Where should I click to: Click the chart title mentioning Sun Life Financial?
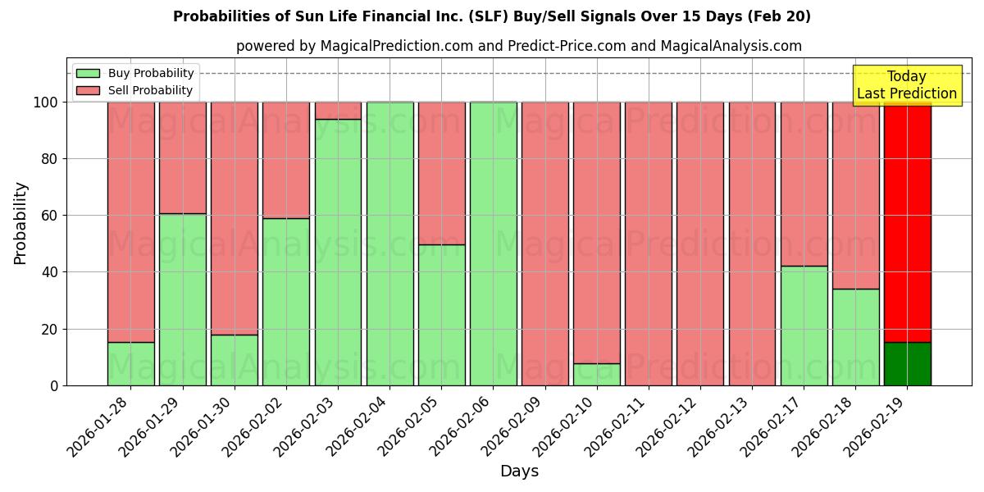click(491, 16)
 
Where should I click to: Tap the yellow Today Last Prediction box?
click(906, 85)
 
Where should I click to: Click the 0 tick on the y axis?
click(54, 385)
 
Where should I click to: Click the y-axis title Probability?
click(20, 223)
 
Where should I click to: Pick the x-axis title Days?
click(519, 471)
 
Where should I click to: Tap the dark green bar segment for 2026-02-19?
click(907, 364)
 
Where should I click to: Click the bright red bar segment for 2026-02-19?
click(907, 221)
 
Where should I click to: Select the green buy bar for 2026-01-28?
click(131, 364)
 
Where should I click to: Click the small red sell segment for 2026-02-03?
click(338, 111)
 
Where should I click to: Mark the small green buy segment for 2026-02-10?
click(596, 375)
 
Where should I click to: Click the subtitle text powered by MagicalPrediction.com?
click(518, 46)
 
